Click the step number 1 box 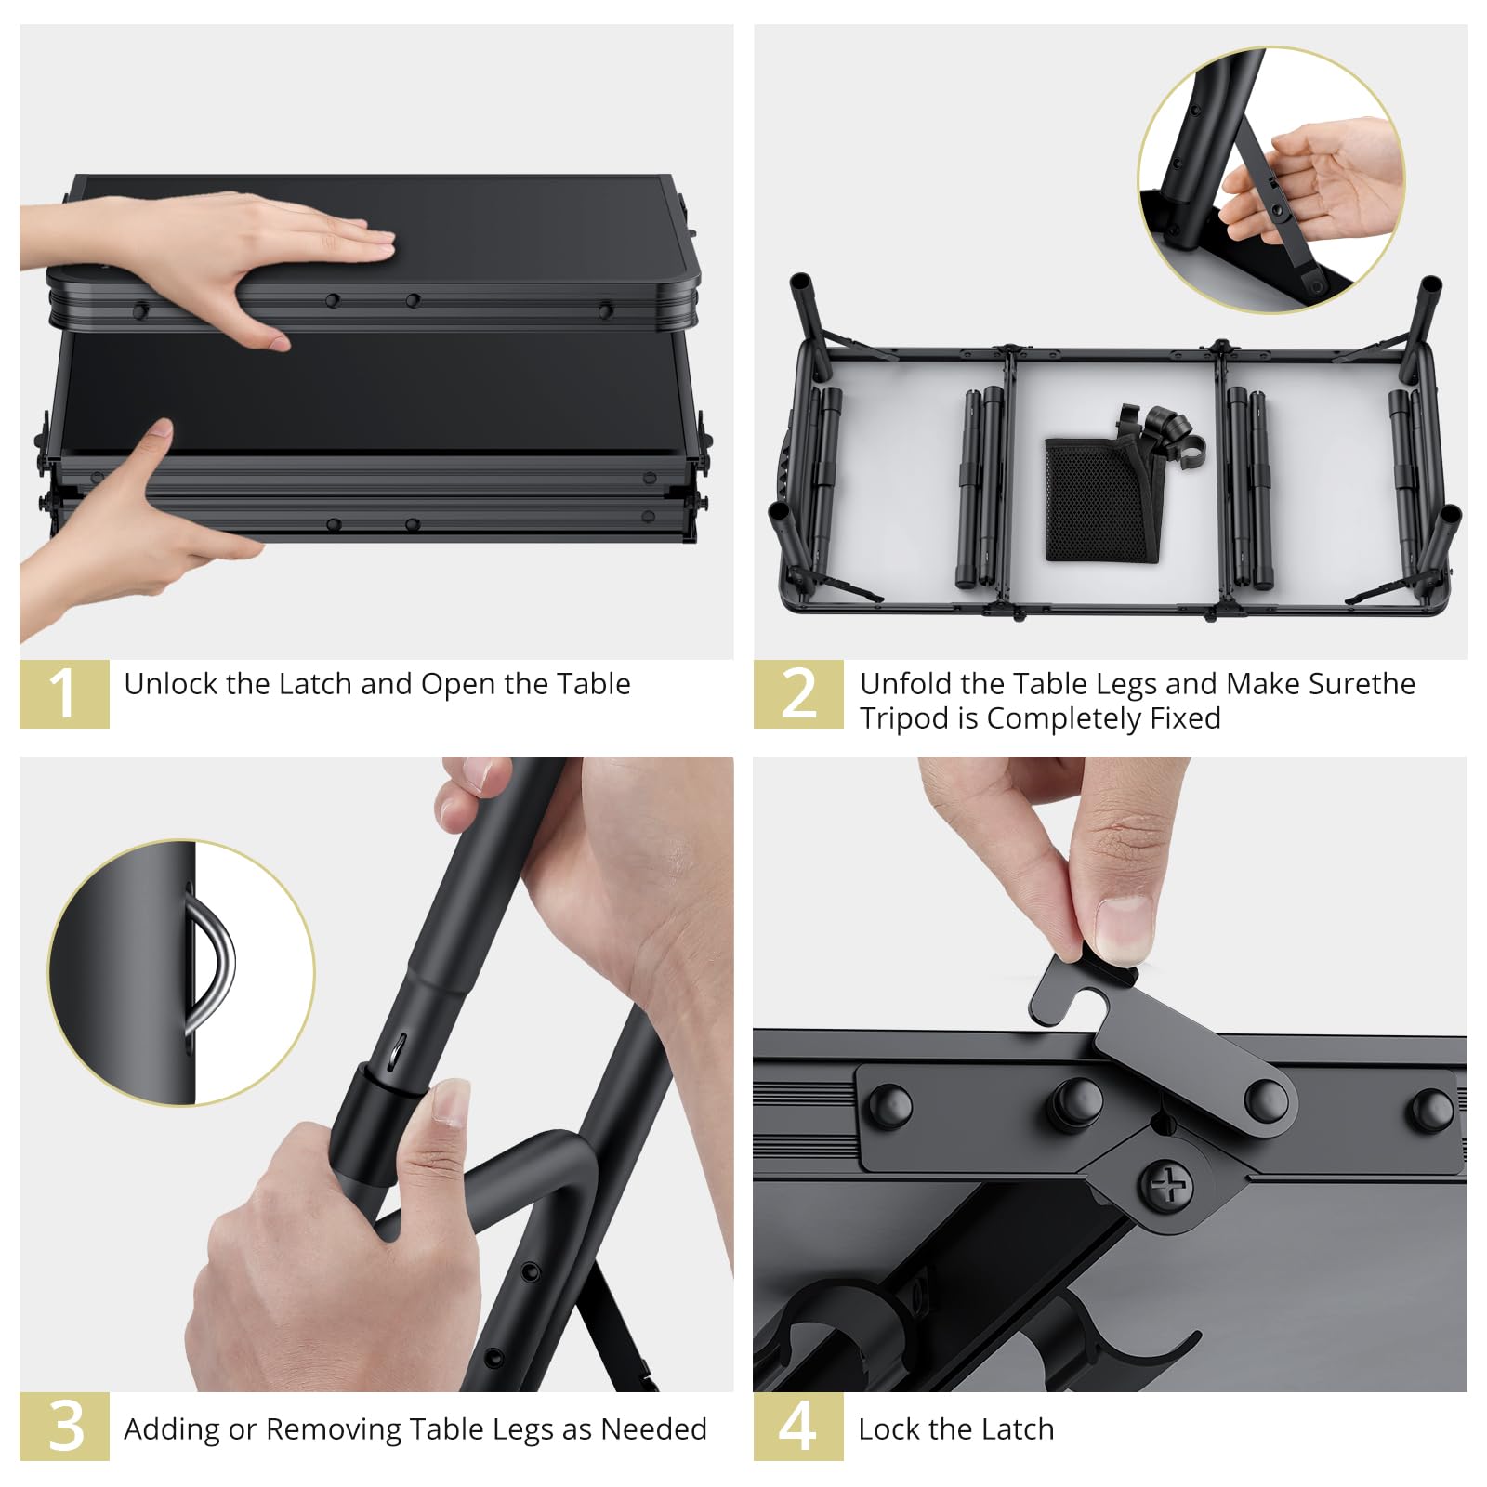pos(64,693)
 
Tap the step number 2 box pos(798,693)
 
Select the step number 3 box pos(64,1426)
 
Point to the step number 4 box pos(798,1426)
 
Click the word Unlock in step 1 pos(171,684)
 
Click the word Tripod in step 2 pos(904,719)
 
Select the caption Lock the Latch pos(956,1428)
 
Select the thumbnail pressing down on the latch pos(1124,928)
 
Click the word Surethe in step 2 pos(1362,684)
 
